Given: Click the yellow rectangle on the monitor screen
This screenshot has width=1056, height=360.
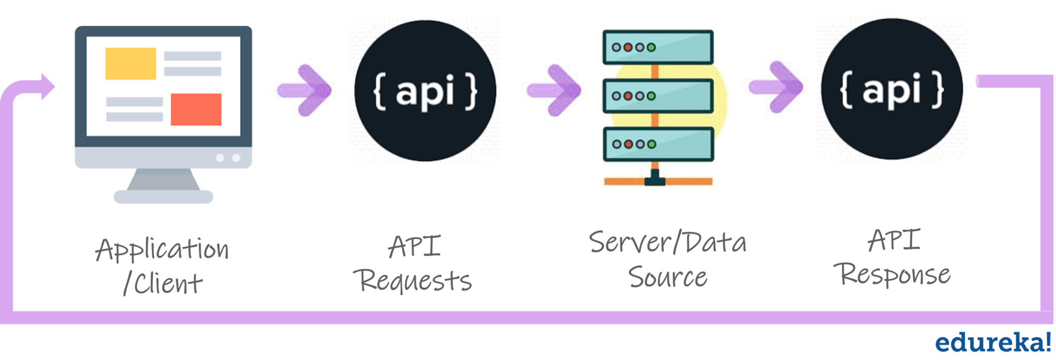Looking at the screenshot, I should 130,63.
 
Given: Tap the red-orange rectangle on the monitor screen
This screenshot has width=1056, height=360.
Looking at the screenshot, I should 196,109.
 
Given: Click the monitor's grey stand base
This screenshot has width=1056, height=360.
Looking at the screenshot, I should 163,196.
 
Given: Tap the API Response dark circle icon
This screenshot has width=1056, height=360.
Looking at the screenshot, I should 892,89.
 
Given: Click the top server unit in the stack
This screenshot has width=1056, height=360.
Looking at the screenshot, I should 658,47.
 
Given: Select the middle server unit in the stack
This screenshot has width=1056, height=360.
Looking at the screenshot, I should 658,96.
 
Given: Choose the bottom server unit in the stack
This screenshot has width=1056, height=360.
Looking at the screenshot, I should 658,144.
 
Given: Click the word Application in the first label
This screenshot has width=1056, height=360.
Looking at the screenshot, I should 162,250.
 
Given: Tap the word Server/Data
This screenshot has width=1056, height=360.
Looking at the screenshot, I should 667,242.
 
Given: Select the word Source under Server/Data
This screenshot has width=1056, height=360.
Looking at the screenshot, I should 667,277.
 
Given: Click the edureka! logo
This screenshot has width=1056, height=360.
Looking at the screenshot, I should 993,342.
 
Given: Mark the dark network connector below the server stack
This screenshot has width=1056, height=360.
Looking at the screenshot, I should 655,178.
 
